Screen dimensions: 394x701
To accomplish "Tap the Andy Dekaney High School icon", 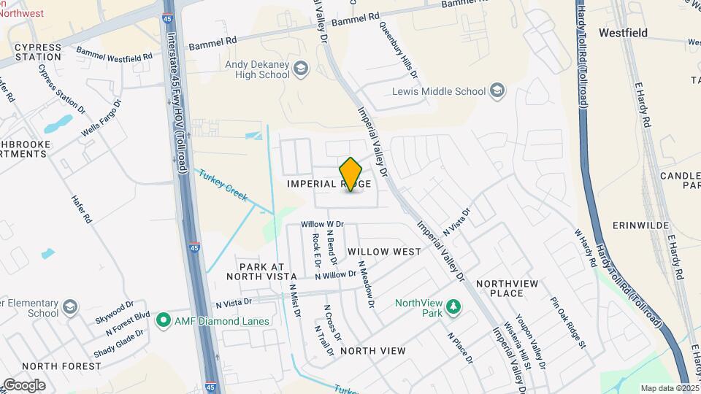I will click(x=301, y=70).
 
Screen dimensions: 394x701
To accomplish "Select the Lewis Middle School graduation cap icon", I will click(x=497, y=91).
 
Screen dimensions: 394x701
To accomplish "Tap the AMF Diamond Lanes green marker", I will click(x=163, y=320).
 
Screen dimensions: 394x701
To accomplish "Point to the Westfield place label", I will click(x=622, y=33).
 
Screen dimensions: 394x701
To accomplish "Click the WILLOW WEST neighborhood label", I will click(x=384, y=252).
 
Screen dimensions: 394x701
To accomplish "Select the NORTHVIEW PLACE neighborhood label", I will click(x=510, y=288).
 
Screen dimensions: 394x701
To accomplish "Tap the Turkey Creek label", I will click(x=222, y=187).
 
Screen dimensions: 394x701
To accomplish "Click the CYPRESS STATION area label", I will click(x=37, y=52).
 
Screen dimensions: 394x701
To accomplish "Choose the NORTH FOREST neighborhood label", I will click(x=61, y=366).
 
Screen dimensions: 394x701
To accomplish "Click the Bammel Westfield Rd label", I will click(x=115, y=55).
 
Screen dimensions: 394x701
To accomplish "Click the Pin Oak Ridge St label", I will click(x=568, y=322).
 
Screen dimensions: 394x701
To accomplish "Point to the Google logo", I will click(x=24, y=385).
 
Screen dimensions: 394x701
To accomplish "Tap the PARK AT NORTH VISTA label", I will click(x=261, y=271).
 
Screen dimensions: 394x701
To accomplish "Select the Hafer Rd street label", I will click(x=81, y=208).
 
